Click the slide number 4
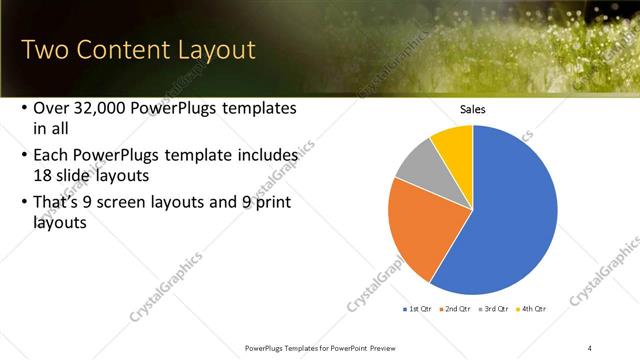[x=590, y=347]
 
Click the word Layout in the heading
[x=209, y=50]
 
